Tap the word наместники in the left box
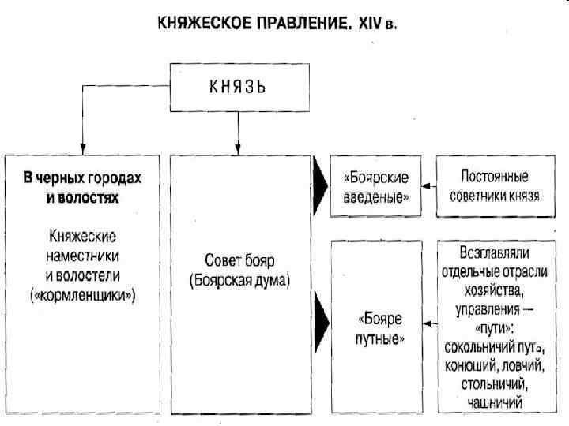[82, 255]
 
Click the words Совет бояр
[239, 260]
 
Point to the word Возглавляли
[494, 254]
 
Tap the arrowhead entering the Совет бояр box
[238, 148]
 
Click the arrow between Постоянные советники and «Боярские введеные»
[427, 187]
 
